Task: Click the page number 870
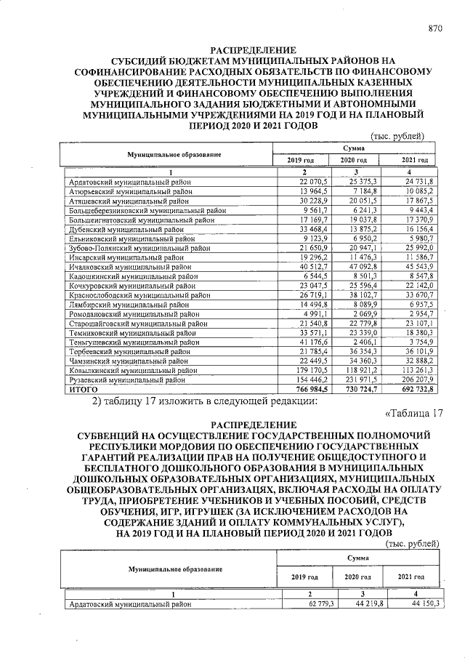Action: (435, 29)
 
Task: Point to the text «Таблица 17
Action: (413, 414)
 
